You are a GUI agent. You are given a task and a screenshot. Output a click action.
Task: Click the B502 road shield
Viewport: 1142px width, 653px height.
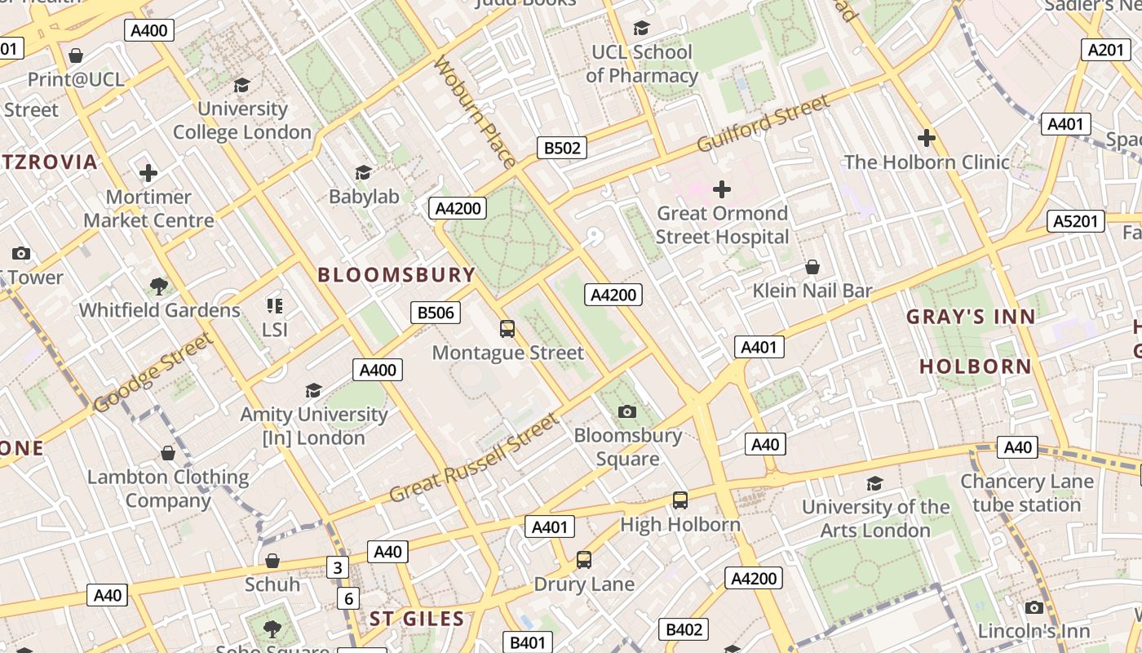[562, 148]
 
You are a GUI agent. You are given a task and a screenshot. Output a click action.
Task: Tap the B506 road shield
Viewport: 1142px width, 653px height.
[435, 313]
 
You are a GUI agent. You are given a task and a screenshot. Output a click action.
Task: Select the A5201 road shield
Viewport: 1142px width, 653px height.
[1076, 221]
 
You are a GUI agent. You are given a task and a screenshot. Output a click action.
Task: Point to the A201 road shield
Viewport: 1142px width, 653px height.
[1105, 50]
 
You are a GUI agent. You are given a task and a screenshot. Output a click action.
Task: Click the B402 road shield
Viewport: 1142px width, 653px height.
[684, 629]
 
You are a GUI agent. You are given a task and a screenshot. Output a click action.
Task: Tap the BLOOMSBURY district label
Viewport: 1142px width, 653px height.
[396, 275]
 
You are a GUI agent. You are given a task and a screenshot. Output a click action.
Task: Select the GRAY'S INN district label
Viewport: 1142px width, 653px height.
[971, 317]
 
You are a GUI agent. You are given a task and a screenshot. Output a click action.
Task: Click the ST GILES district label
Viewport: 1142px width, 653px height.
[417, 619]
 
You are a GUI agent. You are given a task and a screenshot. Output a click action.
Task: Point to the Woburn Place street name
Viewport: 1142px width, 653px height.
[475, 112]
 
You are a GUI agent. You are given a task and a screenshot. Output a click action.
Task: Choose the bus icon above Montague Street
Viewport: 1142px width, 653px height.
[507, 329]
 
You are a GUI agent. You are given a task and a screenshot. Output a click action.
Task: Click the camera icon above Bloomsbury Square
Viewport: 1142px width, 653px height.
[626, 411]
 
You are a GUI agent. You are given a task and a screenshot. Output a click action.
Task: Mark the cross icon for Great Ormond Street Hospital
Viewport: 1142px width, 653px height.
[722, 189]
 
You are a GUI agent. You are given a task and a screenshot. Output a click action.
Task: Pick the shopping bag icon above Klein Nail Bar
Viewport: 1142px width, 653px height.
[812, 267]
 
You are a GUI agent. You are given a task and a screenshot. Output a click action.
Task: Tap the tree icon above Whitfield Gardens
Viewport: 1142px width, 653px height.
[159, 287]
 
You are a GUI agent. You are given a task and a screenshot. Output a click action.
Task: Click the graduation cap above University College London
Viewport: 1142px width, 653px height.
[241, 85]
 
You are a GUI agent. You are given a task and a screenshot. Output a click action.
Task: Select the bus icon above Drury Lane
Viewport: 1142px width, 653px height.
[584, 560]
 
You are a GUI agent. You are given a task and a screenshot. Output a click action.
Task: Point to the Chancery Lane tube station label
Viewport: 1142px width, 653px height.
[1026, 493]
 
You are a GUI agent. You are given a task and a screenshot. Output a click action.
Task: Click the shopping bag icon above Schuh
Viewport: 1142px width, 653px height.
[272, 561]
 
